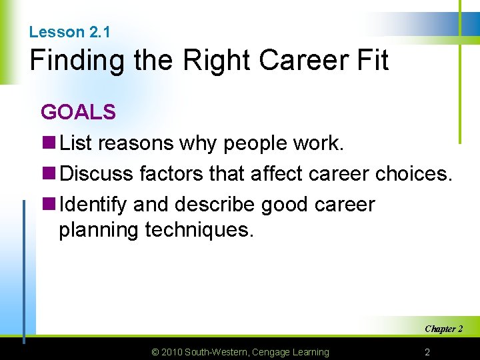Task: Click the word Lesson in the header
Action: click(57, 32)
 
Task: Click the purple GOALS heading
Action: click(78, 112)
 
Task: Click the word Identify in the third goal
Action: click(93, 205)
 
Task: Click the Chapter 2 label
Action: click(443, 329)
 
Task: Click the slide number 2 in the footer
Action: click(428, 351)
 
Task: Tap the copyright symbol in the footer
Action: click(155, 352)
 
